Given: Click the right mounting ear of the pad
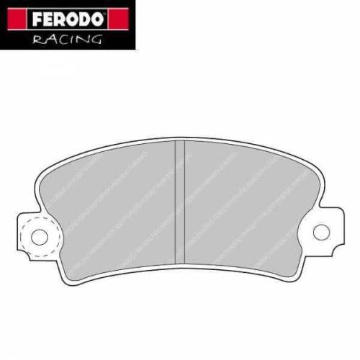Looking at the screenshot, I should pos(328,230).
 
